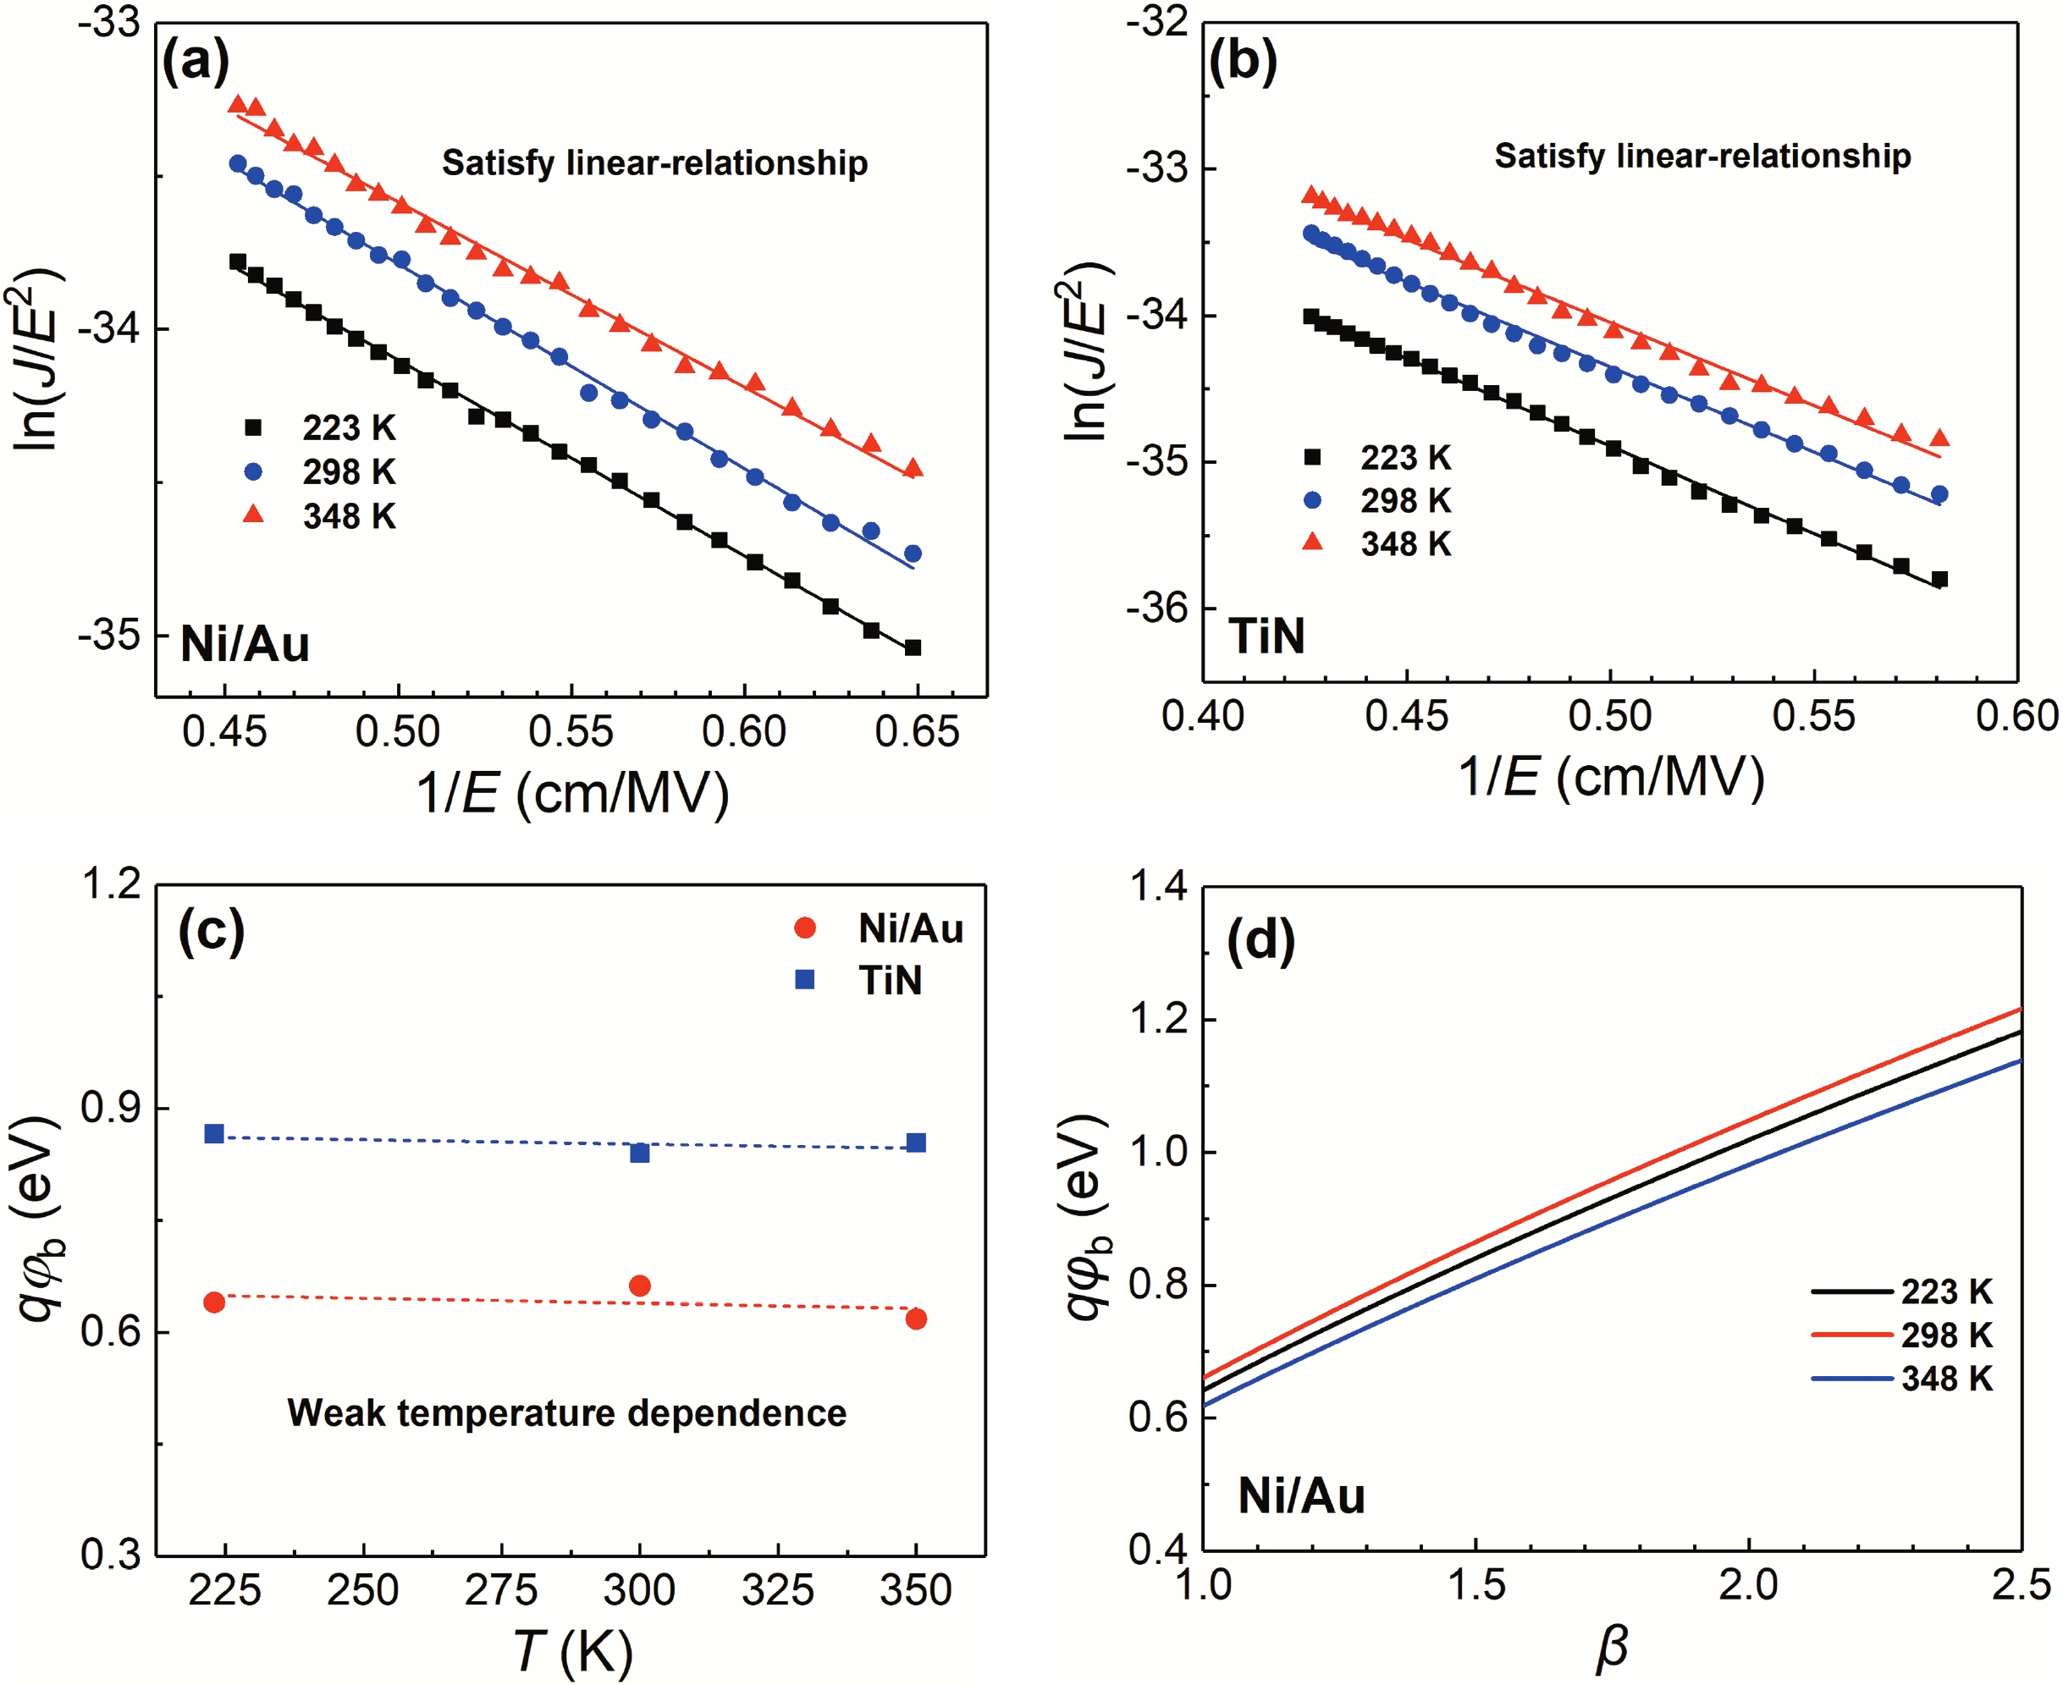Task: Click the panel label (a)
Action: [x=196, y=61]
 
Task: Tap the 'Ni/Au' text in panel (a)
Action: [x=245, y=645]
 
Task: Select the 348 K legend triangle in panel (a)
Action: [x=253, y=515]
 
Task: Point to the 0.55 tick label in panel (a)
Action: [x=571, y=731]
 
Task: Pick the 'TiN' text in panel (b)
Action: [x=1267, y=636]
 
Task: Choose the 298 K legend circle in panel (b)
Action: [x=1313, y=500]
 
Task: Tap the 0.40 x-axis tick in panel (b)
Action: [x=1203, y=715]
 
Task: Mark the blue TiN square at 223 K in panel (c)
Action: [x=214, y=1134]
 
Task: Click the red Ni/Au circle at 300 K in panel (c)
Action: [x=640, y=1286]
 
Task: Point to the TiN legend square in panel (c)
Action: [x=805, y=980]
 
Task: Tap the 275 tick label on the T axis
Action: [x=501, y=1590]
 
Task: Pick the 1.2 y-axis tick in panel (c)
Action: [x=110, y=884]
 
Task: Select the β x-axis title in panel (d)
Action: [x=1612, y=1647]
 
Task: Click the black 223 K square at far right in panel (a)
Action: [x=913, y=647]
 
